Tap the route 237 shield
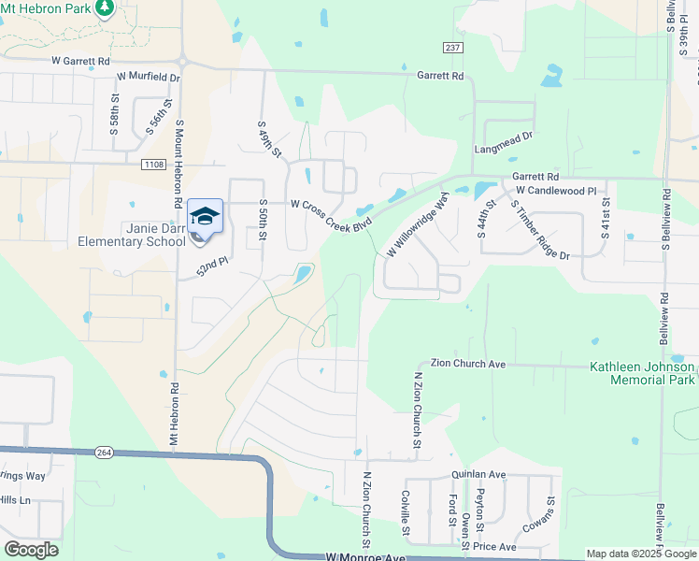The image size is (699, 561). tap(453, 48)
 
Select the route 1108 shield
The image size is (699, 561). tap(155, 165)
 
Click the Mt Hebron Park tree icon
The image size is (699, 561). tap(106, 8)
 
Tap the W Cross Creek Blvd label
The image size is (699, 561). tap(332, 214)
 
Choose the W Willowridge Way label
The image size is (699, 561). tap(419, 228)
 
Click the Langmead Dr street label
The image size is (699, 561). tap(503, 136)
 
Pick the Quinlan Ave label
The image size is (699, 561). tap(478, 474)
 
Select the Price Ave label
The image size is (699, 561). tap(494, 546)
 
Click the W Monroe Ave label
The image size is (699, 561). tap(366, 556)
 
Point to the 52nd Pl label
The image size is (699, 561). tap(213, 268)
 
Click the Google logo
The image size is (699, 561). tap(31, 549)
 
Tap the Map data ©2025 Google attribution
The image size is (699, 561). tap(641, 554)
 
